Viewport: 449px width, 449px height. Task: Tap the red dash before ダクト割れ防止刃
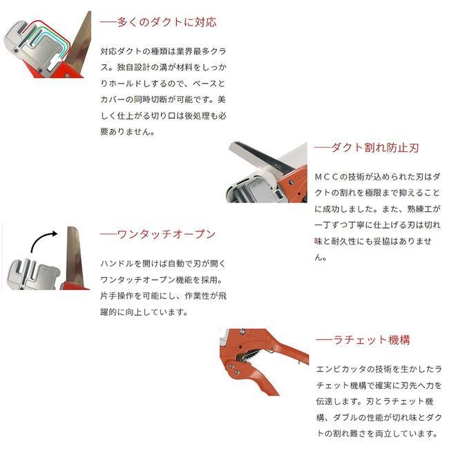pyautogui.click(x=323, y=148)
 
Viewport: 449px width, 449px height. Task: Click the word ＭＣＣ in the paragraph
pyautogui.click(x=329, y=177)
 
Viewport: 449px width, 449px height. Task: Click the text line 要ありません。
pyautogui.click(x=128, y=131)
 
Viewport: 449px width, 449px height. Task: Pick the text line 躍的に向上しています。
pyautogui.click(x=144, y=312)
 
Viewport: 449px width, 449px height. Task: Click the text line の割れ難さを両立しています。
pyautogui.click(x=377, y=434)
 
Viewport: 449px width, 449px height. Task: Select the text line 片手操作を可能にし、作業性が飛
pyautogui.click(x=162, y=296)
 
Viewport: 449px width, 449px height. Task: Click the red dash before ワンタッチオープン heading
pyautogui.click(x=108, y=234)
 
